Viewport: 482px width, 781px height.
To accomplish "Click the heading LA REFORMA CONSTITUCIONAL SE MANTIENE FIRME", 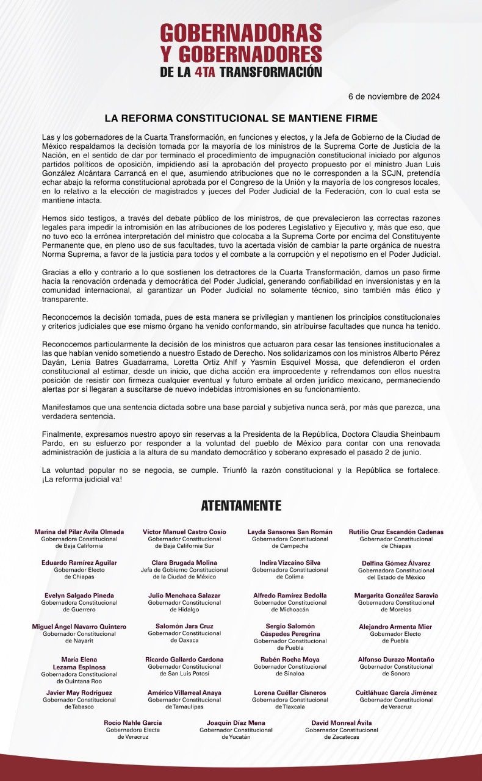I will click(x=241, y=117).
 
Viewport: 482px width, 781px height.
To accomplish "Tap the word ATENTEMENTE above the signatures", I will click(x=241, y=505).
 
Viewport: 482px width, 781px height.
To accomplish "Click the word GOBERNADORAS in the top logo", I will click(x=241, y=32).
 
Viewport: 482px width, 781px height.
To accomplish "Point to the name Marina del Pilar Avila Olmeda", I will click(x=79, y=532).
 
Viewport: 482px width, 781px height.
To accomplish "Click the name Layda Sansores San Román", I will click(x=290, y=532).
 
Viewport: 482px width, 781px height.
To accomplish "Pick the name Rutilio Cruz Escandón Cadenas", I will click(x=397, y=532).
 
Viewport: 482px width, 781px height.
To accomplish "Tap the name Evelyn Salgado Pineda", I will click(x=79, y=596).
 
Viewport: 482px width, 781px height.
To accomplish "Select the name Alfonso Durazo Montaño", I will click(x=397, y=660).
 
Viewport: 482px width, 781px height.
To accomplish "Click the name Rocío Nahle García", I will click(x=133, y=723).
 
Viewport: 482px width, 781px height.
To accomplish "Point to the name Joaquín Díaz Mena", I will click(x=236, y=723).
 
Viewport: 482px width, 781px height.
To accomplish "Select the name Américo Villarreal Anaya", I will click(x=184, y=693).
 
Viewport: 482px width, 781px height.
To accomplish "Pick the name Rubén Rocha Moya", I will click(x=290, y=660).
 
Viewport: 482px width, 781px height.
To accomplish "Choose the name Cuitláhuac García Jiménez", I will click(x=397, y=693).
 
